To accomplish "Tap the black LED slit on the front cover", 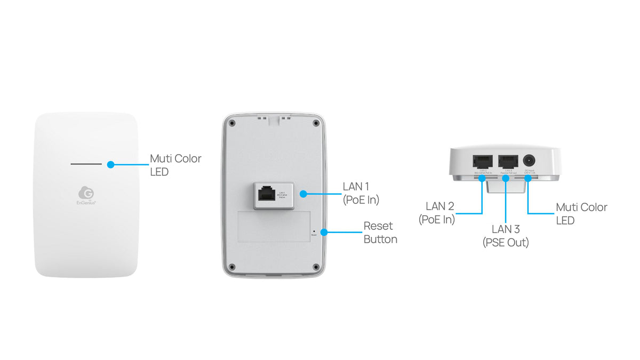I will [x=86, y=164].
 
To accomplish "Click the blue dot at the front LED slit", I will [x=110, y=164].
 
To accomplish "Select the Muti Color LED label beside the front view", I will [x=175, y=165].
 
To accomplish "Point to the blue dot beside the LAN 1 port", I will [x=303, y=194].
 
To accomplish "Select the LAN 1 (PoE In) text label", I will [x=361, y=193].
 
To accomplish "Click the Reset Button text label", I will [x=380, y=233].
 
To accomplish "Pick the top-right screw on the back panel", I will [x=316, y=123].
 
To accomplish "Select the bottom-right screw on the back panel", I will [x=316, y=266].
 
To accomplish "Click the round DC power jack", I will [x=529, y=161].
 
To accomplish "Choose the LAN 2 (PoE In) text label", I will [x=437, y=213].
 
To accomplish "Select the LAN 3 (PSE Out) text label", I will [x=506, y=236].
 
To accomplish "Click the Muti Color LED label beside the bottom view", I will [x=581, y=213].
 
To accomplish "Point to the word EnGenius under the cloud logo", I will [x=86, y=203].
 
